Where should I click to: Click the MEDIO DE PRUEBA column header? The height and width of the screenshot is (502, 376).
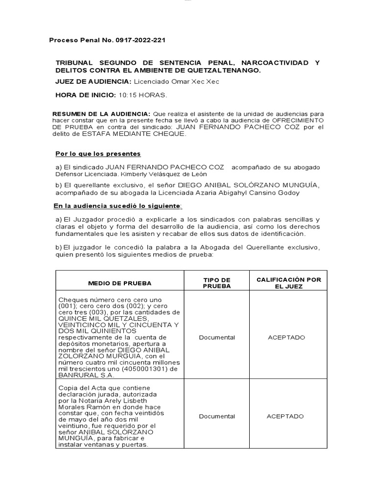pos(119,283)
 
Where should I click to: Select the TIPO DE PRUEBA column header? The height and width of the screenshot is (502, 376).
pos(217,283)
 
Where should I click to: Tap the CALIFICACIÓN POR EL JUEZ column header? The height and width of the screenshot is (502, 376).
pos(289,283)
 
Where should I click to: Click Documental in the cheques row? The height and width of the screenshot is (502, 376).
pos(217,338)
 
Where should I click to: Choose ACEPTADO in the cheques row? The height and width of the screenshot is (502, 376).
pos(286,338)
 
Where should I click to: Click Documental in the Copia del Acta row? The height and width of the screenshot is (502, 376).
pos(217,417)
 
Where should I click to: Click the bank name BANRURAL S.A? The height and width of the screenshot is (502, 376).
pos(86,376)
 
